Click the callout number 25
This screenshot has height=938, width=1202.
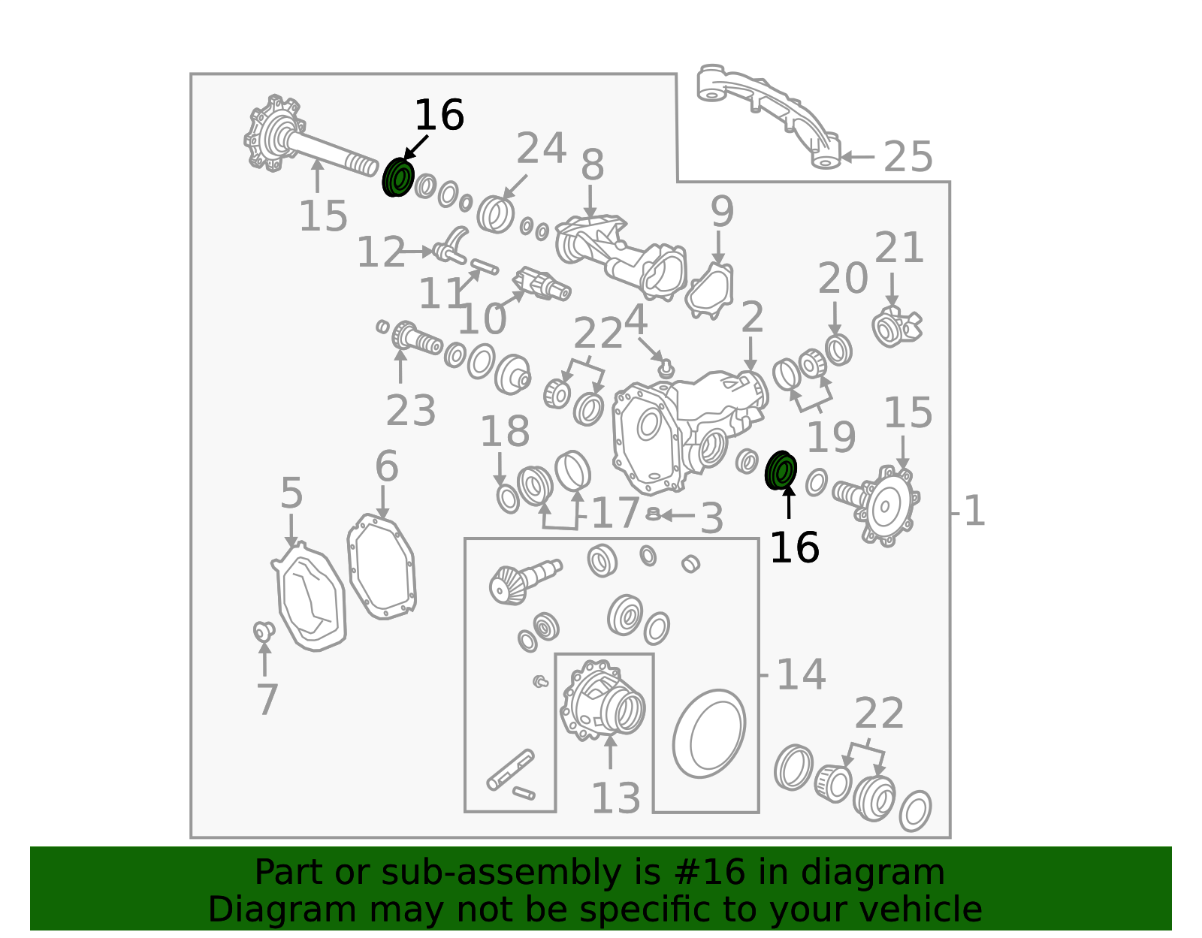click(x=908, y=156)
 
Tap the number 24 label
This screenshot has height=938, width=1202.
click(x=541, y=148)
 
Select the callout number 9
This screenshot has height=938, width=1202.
click(x=722, y=211)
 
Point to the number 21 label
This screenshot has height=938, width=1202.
click(x=899, y=247)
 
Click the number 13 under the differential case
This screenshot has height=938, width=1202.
click(x=616, y=799)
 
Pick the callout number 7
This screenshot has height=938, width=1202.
click(x=267, y=700)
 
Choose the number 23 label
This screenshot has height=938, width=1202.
click(x=410, y=411)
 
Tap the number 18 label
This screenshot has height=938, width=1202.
click(x=505, y=431)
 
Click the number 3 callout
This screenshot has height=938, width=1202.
click(x=711, y=518)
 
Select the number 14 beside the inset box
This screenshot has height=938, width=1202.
click(x=802, y=675)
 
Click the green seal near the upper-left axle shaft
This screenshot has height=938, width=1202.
click(x=398, y=177)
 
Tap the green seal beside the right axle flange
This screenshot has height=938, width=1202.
click(x=781, y=470)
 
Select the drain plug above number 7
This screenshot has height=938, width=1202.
click(x=264, y=631)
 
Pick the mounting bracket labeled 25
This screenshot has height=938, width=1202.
click(x=769, y=116)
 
